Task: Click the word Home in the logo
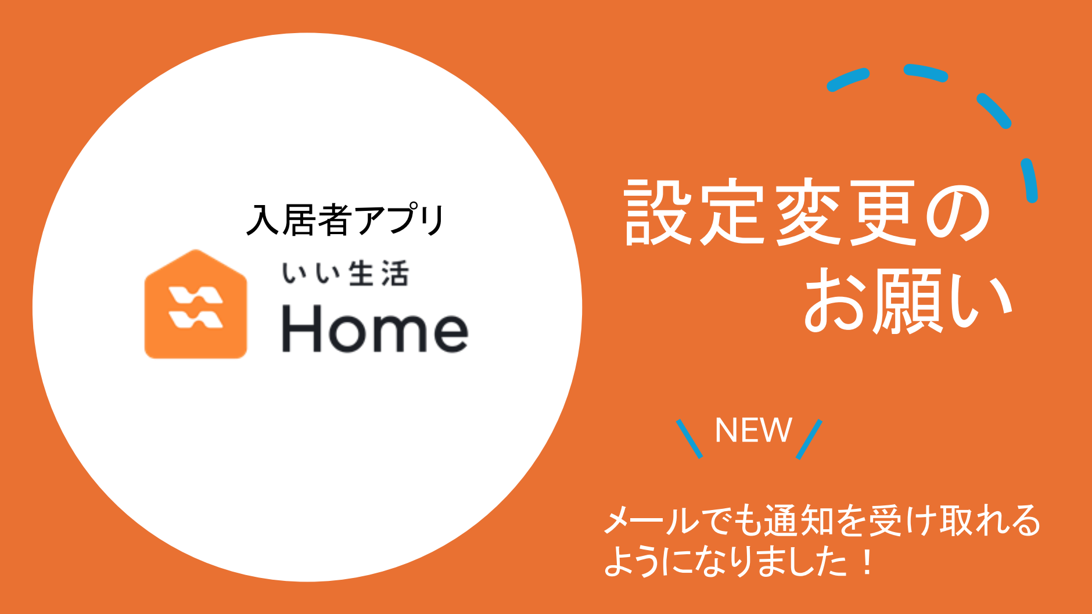pos(375,329)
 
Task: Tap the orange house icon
pos(196,304)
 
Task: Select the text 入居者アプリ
pos(346,220)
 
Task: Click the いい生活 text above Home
pos(346,274)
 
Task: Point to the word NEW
pos(753,430)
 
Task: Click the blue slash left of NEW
pos(689,439)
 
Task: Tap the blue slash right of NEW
pos(809,439)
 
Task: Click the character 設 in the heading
pos(658,212)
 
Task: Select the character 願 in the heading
pos(909,300)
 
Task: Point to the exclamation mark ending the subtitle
pos(867,562)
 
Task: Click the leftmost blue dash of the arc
pos(848,80)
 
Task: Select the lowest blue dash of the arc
pos(1030,180)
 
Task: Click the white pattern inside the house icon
pos(195,307)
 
